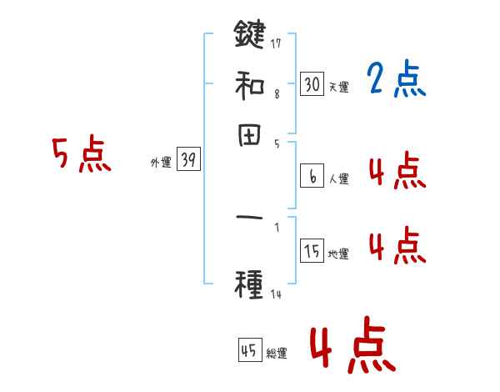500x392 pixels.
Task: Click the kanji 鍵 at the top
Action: click(249, 35)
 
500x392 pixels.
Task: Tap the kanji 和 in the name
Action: click(249, 85)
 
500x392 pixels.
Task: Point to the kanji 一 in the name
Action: click(249, 219)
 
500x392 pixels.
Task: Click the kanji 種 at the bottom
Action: click(249, 284)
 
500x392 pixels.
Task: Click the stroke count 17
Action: click(276, 43)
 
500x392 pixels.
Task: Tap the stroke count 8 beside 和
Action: click(277, 93)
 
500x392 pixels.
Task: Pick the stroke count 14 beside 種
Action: click(276, 294)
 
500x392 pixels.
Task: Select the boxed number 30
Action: click(312, 83)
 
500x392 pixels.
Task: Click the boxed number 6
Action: click(312, 176)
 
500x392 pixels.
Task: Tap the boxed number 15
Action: click(312, 252)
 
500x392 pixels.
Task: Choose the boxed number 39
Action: click(188, 161)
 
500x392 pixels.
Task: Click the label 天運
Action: click(338, 87)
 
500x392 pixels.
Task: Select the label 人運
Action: click(338, 178)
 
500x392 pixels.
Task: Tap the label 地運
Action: click(338, 254)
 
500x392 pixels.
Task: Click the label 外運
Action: click(160, 163)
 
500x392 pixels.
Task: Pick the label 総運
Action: click(276, 354)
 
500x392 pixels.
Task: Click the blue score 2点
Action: click(396, 81)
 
